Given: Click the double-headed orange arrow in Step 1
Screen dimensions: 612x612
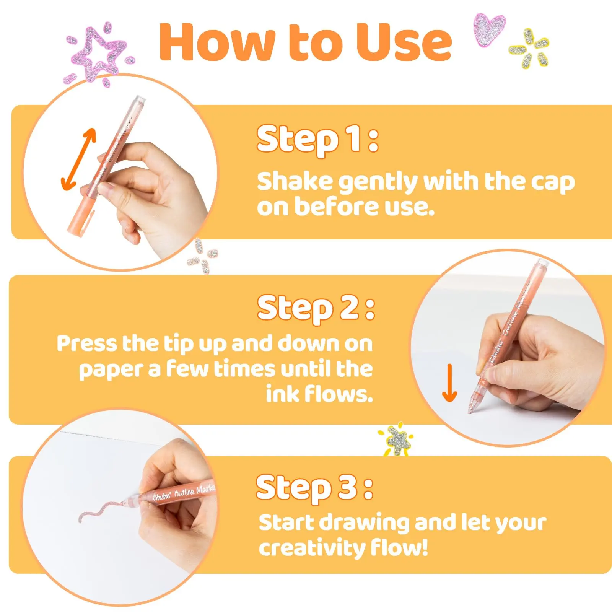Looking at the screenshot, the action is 79,160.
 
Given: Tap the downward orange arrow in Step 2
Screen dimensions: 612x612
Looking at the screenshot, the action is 450,382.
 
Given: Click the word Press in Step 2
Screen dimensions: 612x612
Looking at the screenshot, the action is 88,343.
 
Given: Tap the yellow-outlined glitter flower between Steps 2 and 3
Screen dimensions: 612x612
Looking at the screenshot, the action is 396,440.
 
